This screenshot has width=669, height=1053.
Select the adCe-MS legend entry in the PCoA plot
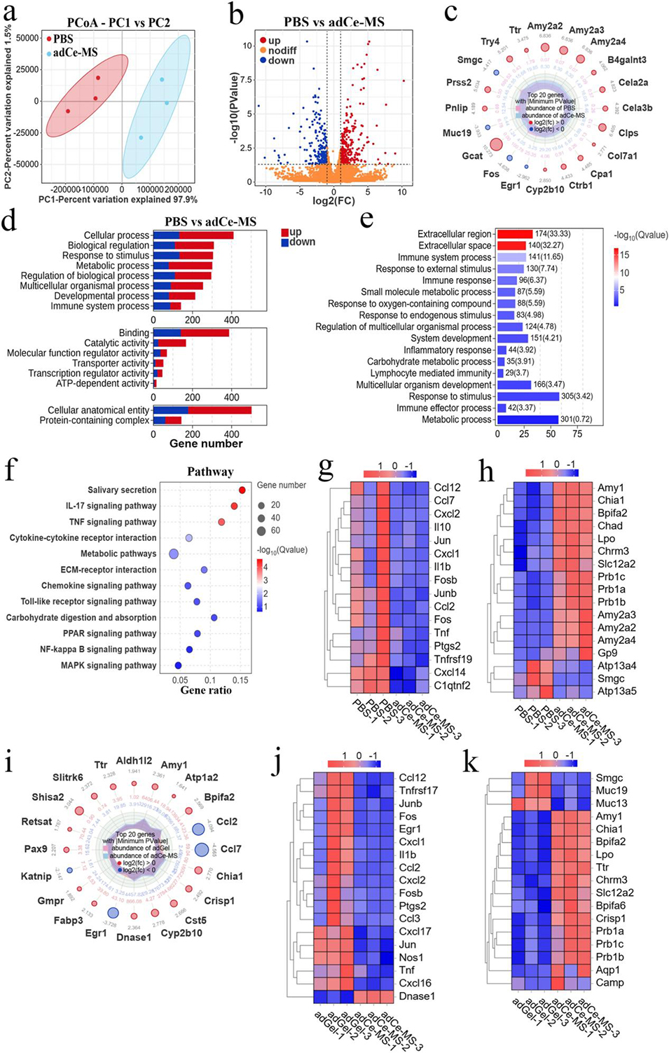[x=75, y=53]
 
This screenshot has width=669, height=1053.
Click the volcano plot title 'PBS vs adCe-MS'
[x=333, y=22]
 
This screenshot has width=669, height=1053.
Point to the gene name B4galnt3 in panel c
[x=626, y=60]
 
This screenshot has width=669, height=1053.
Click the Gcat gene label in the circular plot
[x=472, y=156]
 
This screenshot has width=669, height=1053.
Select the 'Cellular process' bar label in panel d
[x=116, y=235]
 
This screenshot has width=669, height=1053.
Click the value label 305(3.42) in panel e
[x=577, y=397]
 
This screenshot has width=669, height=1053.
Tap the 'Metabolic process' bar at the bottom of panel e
[x=530, y=420]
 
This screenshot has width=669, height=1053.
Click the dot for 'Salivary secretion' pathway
[x=242, y=490]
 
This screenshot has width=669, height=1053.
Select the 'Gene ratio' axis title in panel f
[x=206, y=690]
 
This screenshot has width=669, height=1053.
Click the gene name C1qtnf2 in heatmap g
[x=452, y=685]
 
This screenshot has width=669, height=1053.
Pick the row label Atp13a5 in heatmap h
[x=616, y=691]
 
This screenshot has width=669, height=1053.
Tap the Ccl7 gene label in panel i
[x=230, y=849]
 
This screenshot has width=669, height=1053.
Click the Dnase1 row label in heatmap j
[x=417, y=996]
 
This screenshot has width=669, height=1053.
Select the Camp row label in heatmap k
[x=609, y=983]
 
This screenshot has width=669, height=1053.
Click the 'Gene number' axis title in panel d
[x=206, y=443]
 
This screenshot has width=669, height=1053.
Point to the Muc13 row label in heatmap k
[x=612, y=804]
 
